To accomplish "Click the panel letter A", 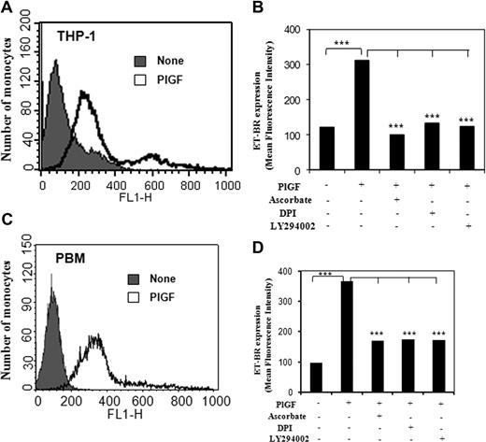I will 7,8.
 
